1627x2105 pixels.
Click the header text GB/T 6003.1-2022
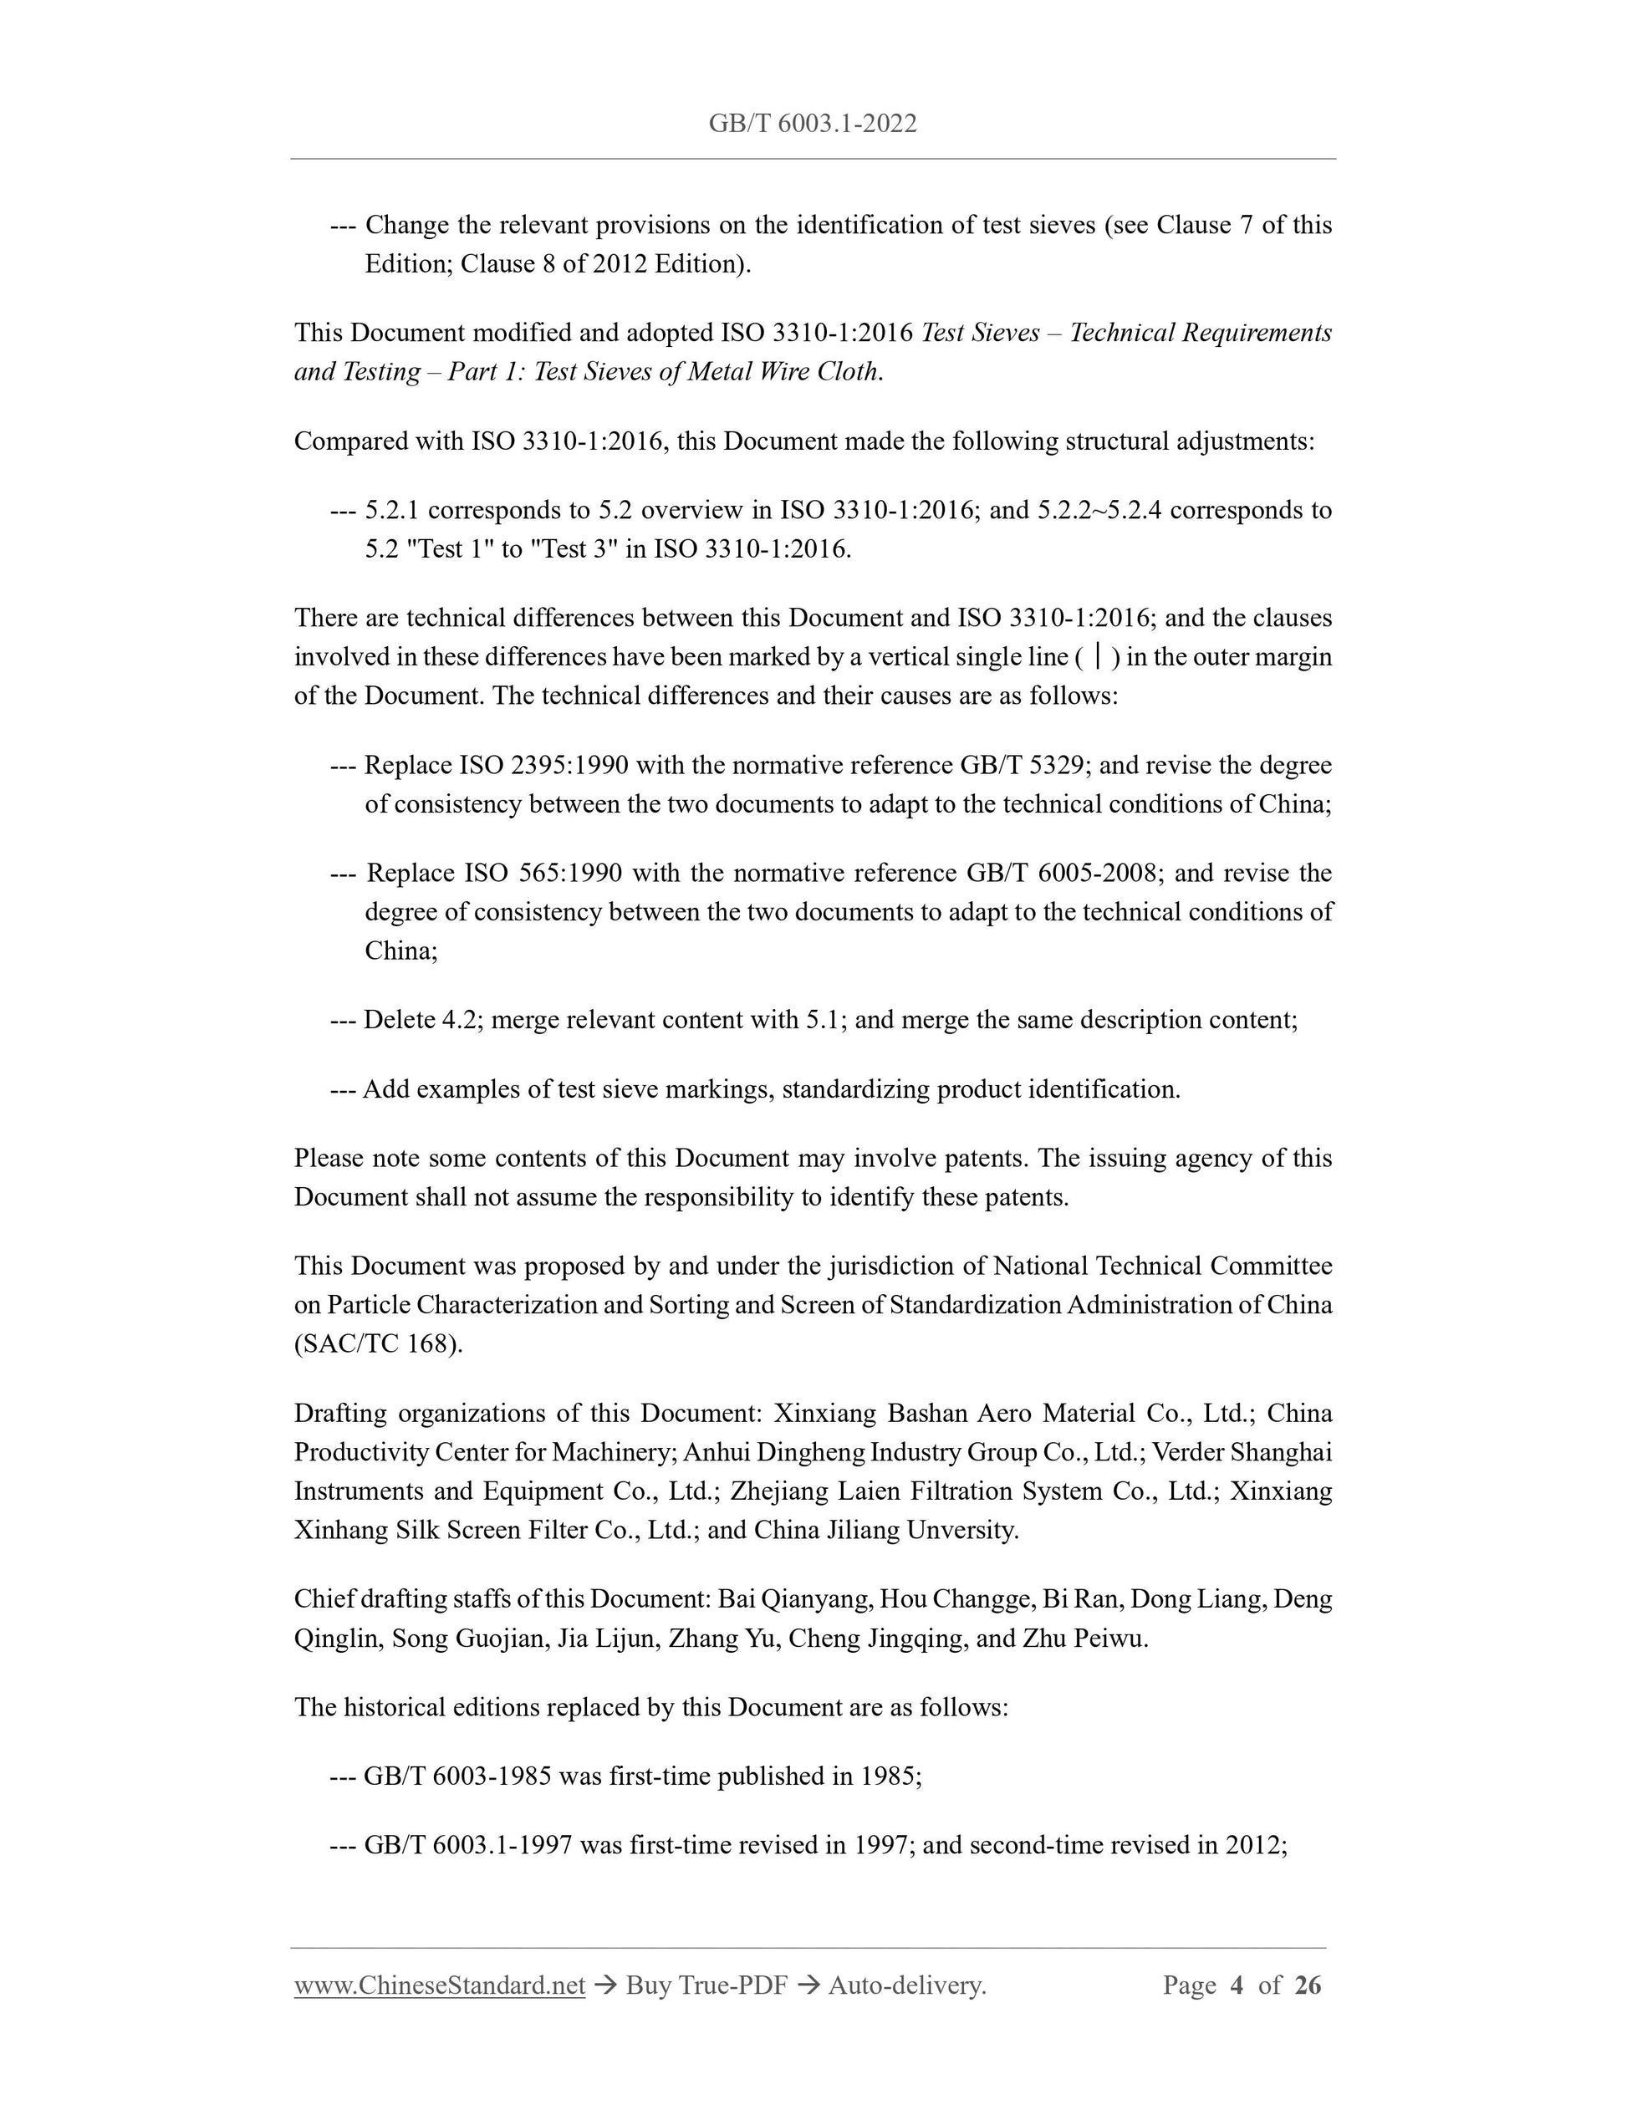point(812,124)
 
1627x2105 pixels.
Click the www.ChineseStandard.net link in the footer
point(440,1985)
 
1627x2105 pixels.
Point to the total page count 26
point(1307,1985)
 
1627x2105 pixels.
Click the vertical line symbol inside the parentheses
point(1099,657)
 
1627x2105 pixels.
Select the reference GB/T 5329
point(1024,765)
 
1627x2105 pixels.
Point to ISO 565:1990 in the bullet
point(543,874)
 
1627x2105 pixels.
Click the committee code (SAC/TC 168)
point(378,1343)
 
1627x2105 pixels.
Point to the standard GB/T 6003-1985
point(456,1776)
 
